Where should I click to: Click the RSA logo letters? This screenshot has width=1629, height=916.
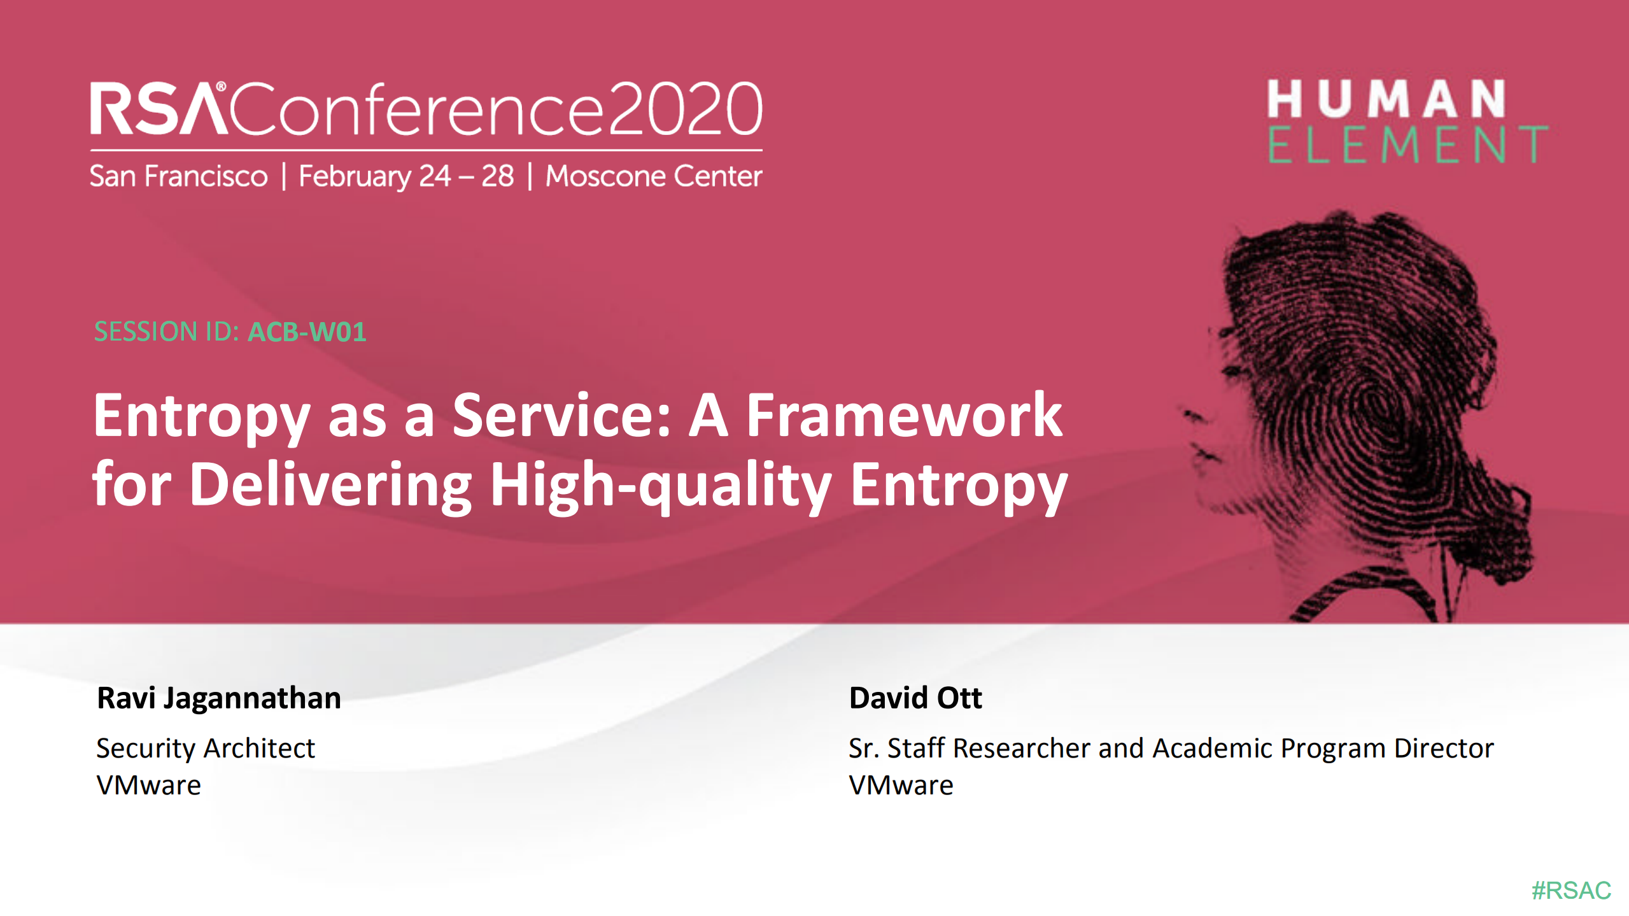coord(158,109)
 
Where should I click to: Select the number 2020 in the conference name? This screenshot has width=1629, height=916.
coord(685,109)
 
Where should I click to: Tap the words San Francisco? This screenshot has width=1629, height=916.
coord(179,176)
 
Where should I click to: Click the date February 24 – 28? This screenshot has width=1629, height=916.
coord(406,176)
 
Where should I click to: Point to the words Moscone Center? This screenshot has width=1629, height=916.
coord(654,176)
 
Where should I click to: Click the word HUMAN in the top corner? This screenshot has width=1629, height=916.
coord(1386,99)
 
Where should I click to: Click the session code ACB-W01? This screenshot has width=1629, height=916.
coord(307,332)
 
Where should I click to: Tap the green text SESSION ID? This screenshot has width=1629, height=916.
coord(167,332)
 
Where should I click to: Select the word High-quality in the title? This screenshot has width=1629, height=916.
coord(661,485)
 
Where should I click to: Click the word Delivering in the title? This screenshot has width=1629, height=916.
coord(330,485)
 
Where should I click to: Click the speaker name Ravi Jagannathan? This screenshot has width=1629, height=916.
coord(219,698)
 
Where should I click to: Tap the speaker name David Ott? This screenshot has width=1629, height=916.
coord(915,698)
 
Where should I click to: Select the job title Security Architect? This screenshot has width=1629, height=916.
coord(206,749)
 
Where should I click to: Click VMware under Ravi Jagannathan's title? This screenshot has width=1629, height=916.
coord(149,786)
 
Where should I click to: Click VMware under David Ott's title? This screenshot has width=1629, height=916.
coord(901,786)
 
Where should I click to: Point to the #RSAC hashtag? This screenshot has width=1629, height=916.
coord(1571,891)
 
